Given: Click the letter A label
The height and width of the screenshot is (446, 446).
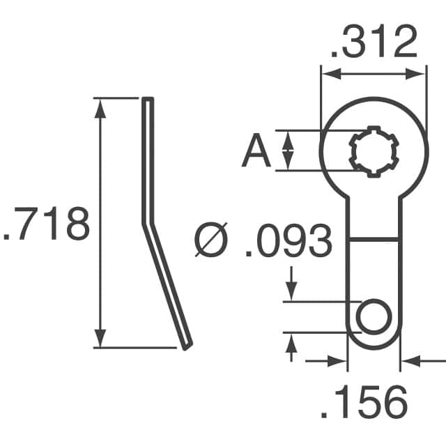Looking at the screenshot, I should [x=256, y=151].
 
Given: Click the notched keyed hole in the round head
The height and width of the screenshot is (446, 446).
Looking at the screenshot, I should [x=373, y=150].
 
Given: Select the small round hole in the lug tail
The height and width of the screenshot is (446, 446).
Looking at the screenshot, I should [x=374, y=317].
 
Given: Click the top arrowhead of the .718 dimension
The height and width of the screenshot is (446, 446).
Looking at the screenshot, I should [x=101, y=106].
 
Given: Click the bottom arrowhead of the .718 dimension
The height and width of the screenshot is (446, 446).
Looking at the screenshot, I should [x=101, y=339].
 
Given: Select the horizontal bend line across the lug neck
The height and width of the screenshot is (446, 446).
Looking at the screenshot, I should [x=374, y=238].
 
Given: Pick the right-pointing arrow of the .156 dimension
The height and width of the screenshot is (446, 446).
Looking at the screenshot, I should [x=339, y=361].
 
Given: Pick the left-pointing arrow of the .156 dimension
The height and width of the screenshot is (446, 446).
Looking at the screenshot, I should [x=408, y=361].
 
